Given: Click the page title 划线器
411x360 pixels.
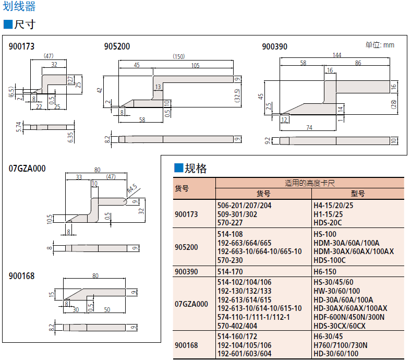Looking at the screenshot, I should (x=19, y=7).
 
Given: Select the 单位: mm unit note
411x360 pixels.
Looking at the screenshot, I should (x=380, y=45).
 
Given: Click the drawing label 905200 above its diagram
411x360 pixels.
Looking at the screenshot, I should (x=117, y=46).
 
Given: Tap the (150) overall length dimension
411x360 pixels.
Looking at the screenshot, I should (x=179, y=56).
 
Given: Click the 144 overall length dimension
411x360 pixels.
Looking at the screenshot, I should (x=336, y=55).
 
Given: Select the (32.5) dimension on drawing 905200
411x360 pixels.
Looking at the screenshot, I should (x=237, y=95).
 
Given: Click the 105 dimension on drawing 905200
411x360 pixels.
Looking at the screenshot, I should (x=195, y=66).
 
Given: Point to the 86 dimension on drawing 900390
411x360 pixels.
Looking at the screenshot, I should (x=358, y=63).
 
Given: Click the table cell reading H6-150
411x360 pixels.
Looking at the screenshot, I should (x=325, y=272).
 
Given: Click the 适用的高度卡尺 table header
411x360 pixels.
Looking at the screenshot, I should (x=309, y=183).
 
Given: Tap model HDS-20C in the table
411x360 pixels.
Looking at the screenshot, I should (x=329, y=222).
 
